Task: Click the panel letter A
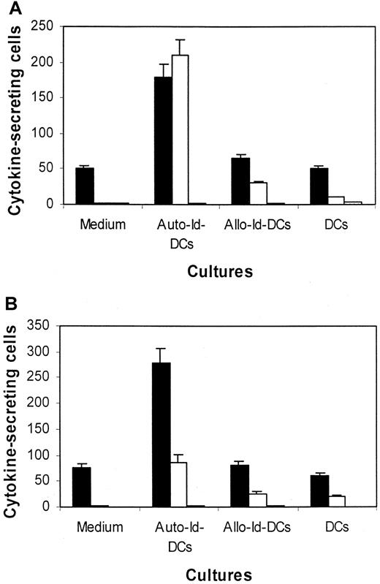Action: [10, 9]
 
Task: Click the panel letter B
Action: [10, 302]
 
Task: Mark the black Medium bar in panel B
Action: [82, 487]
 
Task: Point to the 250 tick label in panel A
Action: [45, 26]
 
